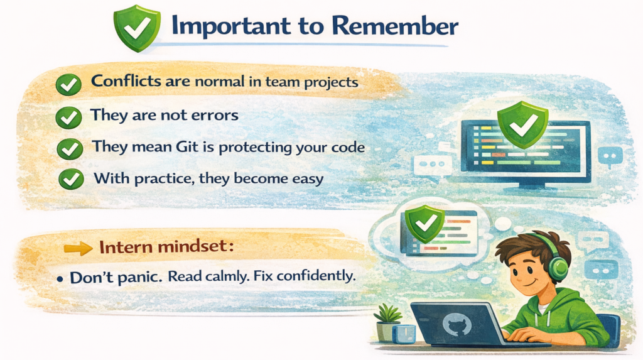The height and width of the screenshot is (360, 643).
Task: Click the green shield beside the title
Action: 136,28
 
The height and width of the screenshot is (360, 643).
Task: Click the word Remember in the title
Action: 394,26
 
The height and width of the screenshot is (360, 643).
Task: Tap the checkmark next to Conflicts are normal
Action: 68,85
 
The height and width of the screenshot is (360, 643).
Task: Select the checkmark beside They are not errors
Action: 68,118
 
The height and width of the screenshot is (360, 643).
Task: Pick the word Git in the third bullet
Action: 187,146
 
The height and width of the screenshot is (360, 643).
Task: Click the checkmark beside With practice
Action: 71,179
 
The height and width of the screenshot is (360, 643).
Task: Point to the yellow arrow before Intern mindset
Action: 78,248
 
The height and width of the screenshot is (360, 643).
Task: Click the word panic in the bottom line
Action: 139,278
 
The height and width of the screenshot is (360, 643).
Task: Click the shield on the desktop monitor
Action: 522,124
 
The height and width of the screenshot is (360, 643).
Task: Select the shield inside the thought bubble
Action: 424,224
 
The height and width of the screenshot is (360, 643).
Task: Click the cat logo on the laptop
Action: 457,324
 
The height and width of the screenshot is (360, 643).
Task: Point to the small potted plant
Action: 387,322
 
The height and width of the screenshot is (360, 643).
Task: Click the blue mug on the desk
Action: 404,334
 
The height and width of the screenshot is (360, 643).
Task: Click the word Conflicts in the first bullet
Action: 126,81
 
